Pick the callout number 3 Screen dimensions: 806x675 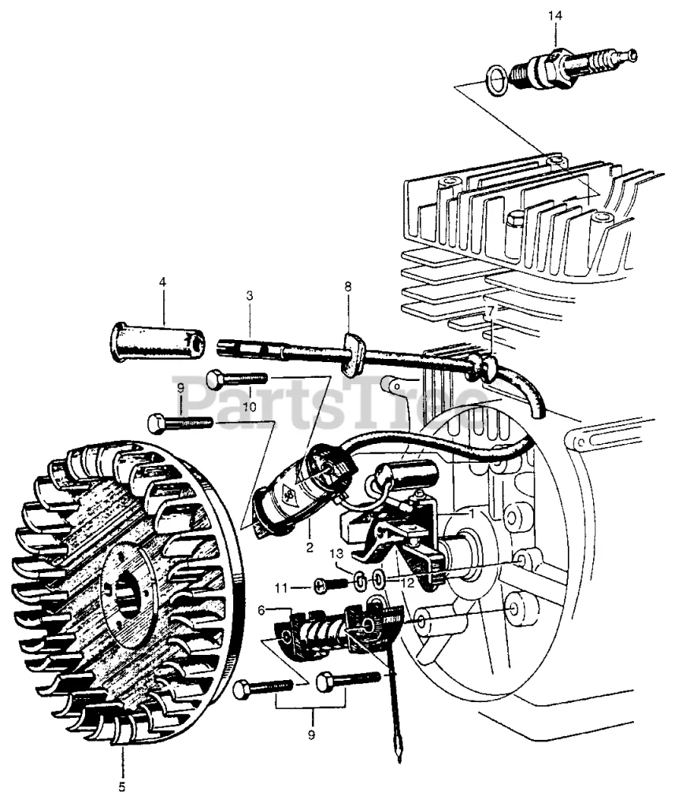coord(249,296)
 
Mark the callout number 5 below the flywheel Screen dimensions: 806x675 coord(122,786)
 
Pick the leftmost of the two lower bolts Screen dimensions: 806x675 coord(263,687)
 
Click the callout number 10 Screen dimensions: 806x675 coord(250,407)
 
